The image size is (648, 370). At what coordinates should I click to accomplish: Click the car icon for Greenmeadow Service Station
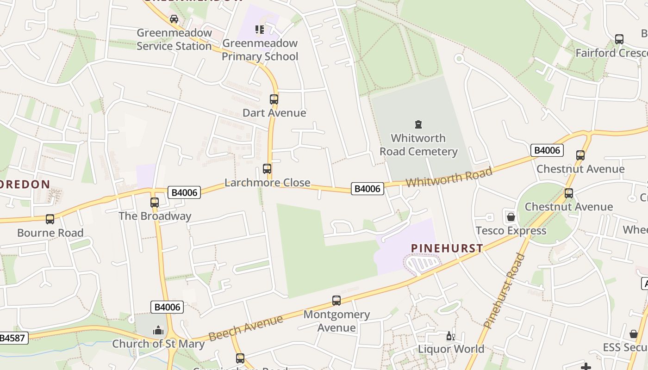pyautogui.click(x=174, y=19)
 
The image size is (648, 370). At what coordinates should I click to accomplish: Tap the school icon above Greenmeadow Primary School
pyautogui.click(x=260, y=30)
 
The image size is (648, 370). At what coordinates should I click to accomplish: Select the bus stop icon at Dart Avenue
pyautogui.click(x=274, y=99)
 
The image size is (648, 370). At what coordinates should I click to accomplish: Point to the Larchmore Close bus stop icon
pyautogui.click(x=267, y=169)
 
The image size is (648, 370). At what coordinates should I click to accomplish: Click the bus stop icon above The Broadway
pyautogui.click(x=155, y=202)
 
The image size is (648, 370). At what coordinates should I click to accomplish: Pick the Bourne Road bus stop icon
pyautogui.click(x=50, y=219)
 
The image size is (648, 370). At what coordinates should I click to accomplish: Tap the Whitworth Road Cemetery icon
pyautogui.click(x=418, y=124)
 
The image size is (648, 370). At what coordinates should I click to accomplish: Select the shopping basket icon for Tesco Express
pyautogui.click(x=511, y=217)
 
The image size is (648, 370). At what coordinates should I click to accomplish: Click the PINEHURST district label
pyautogui.click(x=447, y=248)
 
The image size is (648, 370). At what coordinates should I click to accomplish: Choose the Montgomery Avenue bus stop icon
pyautogui.click(x=336, y=301)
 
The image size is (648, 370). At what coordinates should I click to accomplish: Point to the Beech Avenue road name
pyautogui.click(x=246, y=328)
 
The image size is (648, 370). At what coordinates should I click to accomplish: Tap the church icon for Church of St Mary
pyautogui.click(x=158, y=330)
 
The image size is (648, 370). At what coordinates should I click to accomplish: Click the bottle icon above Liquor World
pyautogui.click(x=450, y=336)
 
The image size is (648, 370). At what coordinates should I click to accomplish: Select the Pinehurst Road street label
pyautogui.click(x=505, y=291)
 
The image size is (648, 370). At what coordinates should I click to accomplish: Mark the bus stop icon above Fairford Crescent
pyautogui.click(x=619, y=39)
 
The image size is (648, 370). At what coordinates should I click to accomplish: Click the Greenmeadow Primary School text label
pyautogui.click(x=260, y=50)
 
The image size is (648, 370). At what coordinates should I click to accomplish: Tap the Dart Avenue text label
pyautogui.click(x=274, y=113)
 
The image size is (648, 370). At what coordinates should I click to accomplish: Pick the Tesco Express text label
pyautogui.click(x=511, y=231)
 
